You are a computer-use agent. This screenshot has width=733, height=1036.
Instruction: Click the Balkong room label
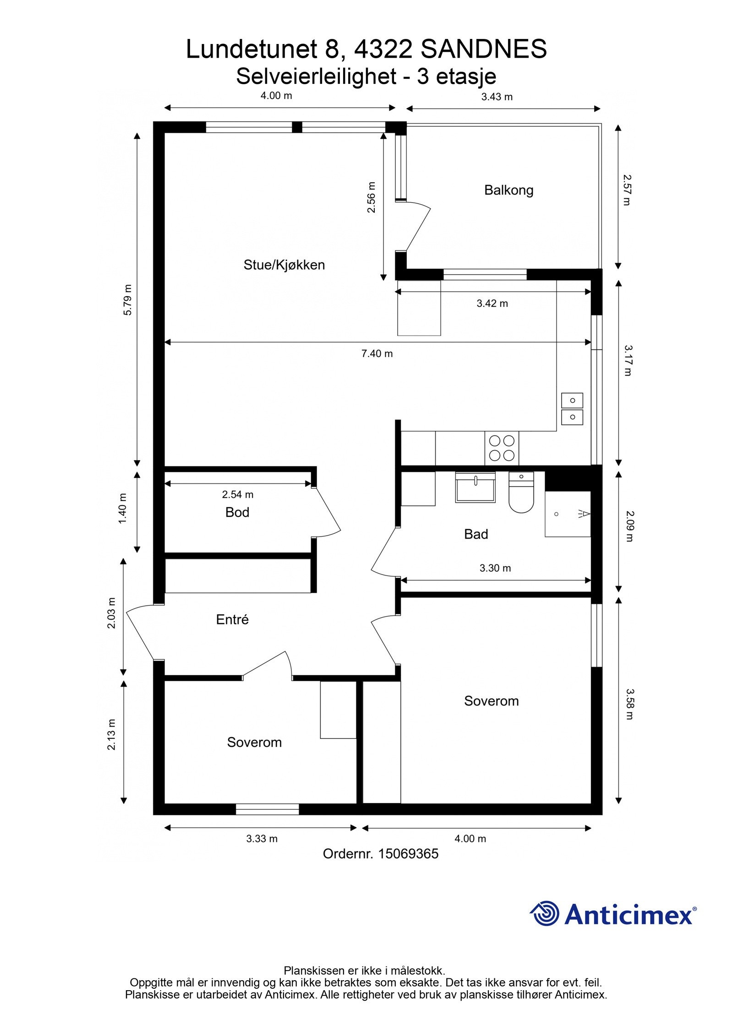pyautogui.click(x=509, y=190)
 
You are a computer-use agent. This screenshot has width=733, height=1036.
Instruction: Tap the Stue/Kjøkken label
pyautogui.click(x=284, y=265)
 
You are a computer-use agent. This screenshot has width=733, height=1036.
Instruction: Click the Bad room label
pyautogui.click(x=476, y=534)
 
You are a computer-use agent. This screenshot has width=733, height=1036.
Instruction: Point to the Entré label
pyautogui.click(x=232, y=619)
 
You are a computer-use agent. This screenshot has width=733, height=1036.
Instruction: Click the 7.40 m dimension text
pyautogui.click(x=377, y=353)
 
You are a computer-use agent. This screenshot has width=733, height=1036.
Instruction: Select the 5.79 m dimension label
pyautogui.click(x=128, y=300)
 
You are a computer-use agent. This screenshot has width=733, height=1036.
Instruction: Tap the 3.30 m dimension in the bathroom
pyautogui.click(x=495, y=568)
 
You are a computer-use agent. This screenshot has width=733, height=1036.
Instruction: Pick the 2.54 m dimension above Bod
pyautogui.click(x=237, y=494)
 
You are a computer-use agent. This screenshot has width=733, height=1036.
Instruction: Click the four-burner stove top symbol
pyautogui.click(x=502, y=448)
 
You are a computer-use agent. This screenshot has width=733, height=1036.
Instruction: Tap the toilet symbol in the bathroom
pyautogui.click(x=521, y=494)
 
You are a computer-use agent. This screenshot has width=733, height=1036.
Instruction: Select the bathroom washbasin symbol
pyautogui.click(x=476, y=488)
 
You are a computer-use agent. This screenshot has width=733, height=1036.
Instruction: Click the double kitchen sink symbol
pyautogui.click(x=572, y=409)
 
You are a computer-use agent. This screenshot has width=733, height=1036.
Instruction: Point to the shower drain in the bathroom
pyautogui.click(x=556, y=514)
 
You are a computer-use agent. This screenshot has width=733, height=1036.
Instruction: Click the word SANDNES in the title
pyautogui.click(x=483, y=49)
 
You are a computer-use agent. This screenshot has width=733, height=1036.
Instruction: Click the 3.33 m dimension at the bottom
pyautogui.click(x=262, y=839)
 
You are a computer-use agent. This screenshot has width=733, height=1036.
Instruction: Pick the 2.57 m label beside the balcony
pyautogui.click(x=627, y=190)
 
